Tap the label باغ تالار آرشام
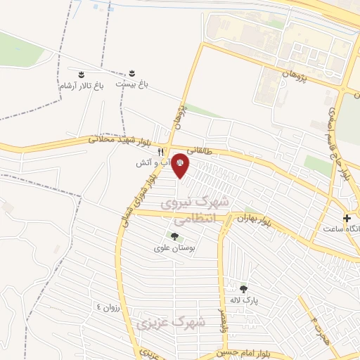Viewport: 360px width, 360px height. pos(80,85)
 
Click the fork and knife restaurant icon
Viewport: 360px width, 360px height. pos(161,152)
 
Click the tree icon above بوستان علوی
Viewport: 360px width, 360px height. pos(174,236)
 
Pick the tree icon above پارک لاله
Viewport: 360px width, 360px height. pos(243,288)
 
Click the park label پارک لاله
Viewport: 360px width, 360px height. pos(244,300)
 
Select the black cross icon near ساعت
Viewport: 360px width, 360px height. pos(347,218)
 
